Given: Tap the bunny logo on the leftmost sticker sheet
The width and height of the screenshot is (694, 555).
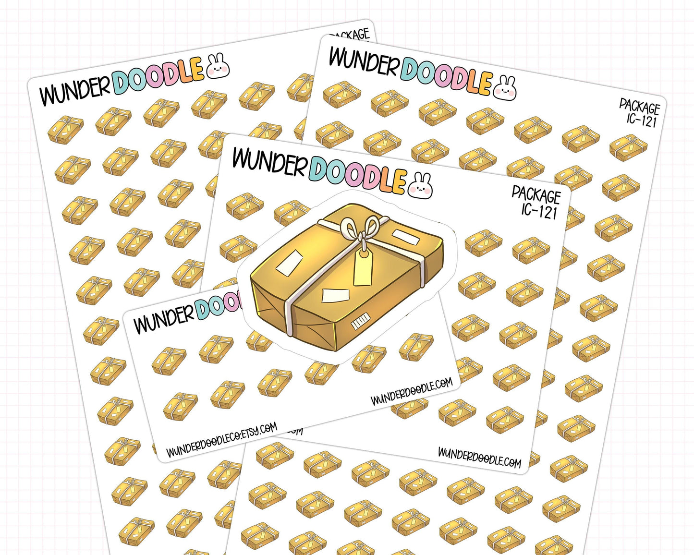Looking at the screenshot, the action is (219, 66).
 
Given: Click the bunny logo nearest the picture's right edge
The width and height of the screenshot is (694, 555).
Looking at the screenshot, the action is (505, 88).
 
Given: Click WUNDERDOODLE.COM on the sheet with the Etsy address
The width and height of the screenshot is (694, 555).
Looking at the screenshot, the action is (412, 391).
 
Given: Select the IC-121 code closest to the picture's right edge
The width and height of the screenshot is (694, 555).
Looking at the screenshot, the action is (642, 120).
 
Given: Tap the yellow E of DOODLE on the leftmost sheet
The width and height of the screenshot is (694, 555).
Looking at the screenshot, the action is (196, 69).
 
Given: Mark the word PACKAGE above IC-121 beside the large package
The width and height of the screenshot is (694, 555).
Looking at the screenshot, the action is (536, 194).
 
